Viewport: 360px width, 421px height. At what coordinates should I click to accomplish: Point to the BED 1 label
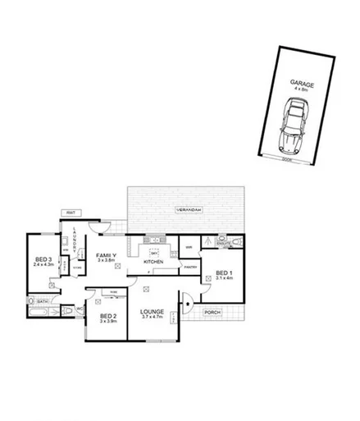click(224, 272)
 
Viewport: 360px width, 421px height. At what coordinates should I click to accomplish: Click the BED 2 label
click(108, 316)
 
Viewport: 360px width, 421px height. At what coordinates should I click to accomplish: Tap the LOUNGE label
click(153, 312)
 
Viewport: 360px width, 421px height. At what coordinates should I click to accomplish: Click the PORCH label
click(212, 312)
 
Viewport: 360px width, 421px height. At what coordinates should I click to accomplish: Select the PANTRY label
click(191, 267)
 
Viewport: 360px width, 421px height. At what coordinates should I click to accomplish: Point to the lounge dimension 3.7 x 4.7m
click(153, 318)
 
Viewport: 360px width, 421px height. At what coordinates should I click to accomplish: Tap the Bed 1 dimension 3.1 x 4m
click(224, 278)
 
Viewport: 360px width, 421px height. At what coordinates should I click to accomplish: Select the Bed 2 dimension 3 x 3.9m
click(108, 323)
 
